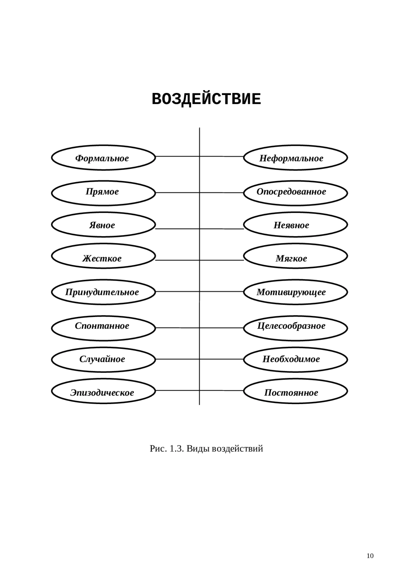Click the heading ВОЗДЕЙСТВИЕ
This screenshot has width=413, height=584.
[x=206, y=99]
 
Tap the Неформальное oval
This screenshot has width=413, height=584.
[x=295, y=158]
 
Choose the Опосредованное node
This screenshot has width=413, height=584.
[x=295, y=193]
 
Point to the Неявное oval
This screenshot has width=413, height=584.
[x=295, y=224]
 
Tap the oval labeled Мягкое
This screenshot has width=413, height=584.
[x=295, y=256]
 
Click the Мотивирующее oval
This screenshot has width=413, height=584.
[x=295, y=292]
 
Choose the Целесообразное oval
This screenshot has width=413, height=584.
[x=295, y=328]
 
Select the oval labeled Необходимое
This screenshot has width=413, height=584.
[x=295, y=360]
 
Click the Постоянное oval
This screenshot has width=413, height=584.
[x=295, y=391]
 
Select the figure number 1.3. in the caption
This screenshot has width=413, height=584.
[x=177, y=449]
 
